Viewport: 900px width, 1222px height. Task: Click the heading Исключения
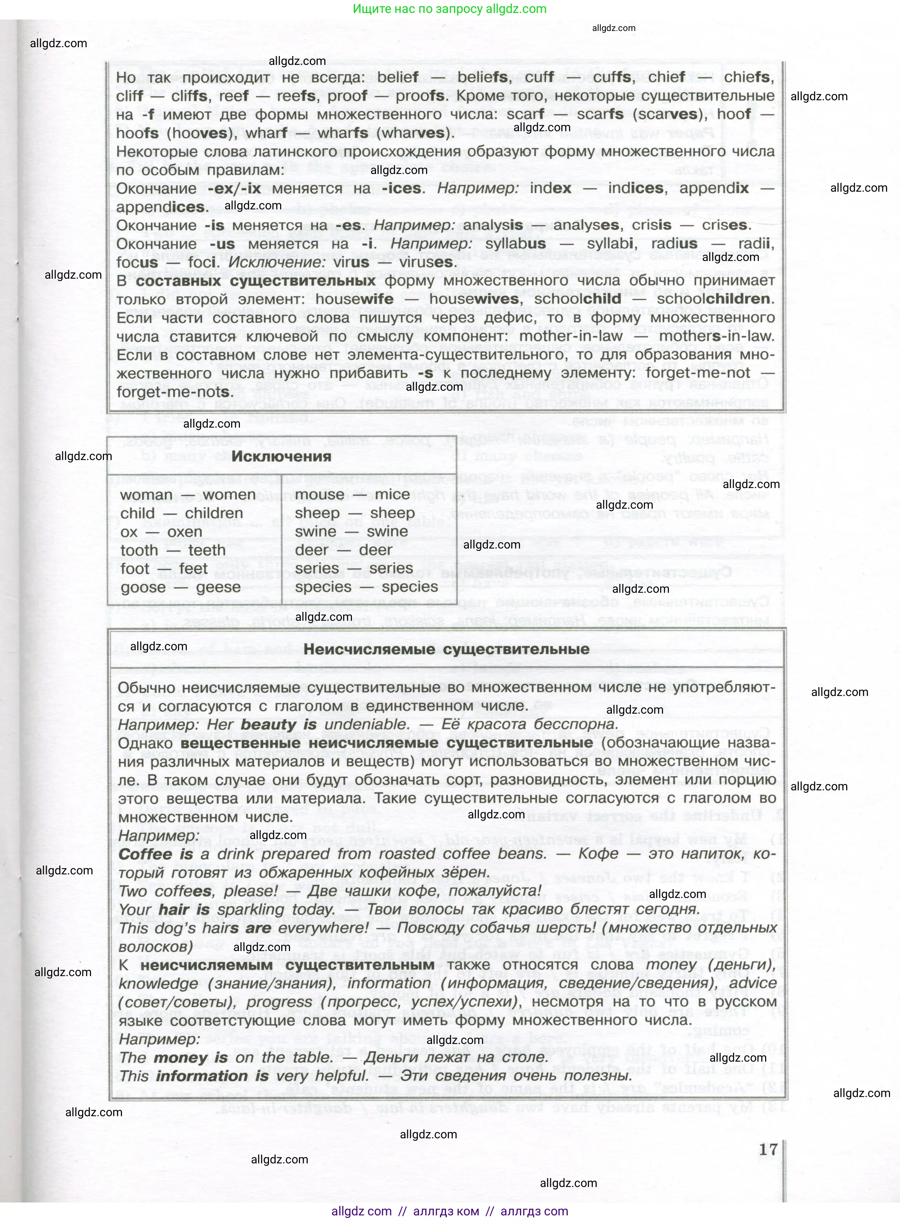coord(281,457)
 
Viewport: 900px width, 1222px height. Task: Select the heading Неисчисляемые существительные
coord(446,650)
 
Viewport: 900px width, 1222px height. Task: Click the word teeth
coord(207,550)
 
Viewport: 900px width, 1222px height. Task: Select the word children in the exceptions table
coord(214,513)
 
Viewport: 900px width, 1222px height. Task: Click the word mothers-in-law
coord(716,336)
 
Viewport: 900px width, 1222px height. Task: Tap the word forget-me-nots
coord(174,392)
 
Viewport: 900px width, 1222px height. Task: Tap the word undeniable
coord(366,725)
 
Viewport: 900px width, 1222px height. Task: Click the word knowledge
coord(158,983)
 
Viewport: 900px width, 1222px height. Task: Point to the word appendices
coord(161,207)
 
